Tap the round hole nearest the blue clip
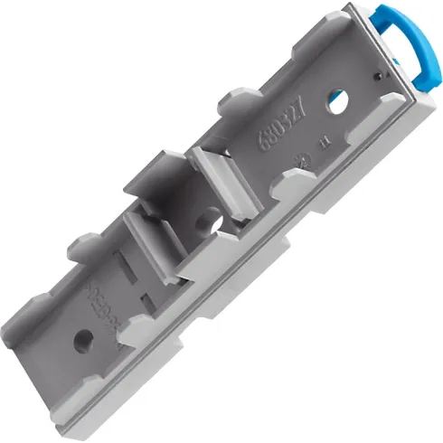(x=337, y=100)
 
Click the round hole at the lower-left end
(x=84, y=341)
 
